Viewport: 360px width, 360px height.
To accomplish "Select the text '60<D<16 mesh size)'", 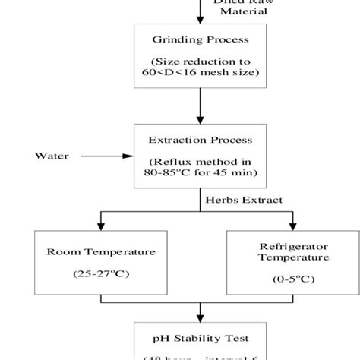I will click(200, 72).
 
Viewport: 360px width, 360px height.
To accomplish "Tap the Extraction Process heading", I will click(200, 141).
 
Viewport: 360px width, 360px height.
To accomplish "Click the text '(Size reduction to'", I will click(200, 60).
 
